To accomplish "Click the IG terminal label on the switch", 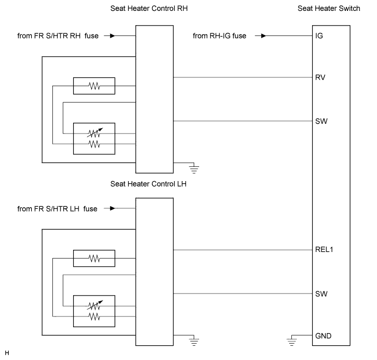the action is coord(319,36).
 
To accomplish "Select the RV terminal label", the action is coord(320,77).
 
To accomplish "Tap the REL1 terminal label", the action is coord(324,250).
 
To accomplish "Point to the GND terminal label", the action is coord(324,336).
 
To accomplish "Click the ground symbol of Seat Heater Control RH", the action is coord(194,169).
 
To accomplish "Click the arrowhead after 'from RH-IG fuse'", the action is coord(264,36).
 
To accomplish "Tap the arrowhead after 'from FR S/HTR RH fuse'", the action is coord(112,36).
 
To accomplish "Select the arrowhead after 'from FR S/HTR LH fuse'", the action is coord(112,208).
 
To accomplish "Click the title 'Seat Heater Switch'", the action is coord(329,8).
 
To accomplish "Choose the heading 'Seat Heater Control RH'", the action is coord(149,8).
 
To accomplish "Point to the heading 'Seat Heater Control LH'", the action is coord(148,184).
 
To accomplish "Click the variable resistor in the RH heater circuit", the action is coord(94,133).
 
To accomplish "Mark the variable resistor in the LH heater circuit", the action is coord(94,305).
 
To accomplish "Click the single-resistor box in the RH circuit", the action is coord(94,86).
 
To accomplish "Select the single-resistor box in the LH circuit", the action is coord(94,259).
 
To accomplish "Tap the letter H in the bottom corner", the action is coord(7,353).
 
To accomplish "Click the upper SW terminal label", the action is coord(321,121).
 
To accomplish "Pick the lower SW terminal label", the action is coord(321,293).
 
